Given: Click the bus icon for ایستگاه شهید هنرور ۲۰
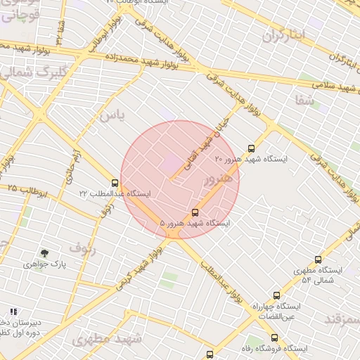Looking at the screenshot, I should pos(252,148).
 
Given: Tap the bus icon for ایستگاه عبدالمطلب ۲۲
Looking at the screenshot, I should pos(115,183).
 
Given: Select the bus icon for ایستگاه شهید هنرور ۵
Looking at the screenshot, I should pos(195,212).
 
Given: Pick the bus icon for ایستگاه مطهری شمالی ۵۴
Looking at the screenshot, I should pos(318,259).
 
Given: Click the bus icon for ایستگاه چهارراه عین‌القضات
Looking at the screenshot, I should pos(276,296).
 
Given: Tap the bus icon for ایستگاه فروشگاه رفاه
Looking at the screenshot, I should pos(274,337).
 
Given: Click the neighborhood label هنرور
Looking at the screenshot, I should pos(217,180).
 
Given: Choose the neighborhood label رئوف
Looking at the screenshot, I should pos(82,247).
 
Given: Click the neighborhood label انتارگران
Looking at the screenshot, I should pos(285,35).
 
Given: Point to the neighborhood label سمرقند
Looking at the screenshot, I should pos(342,319).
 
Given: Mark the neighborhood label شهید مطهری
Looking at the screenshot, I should pos(106,339).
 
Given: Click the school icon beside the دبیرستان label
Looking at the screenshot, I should pos(13,311).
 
